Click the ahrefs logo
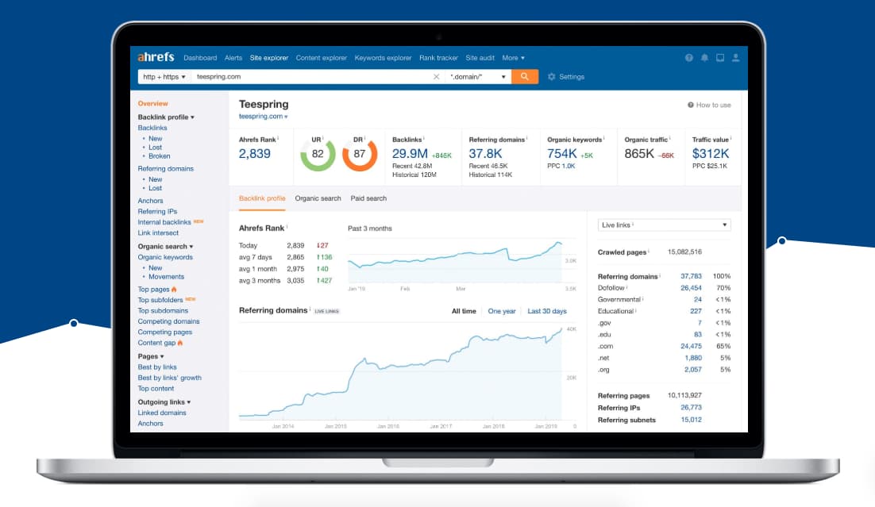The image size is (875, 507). point(156,57)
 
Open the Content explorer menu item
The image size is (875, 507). point(321,58)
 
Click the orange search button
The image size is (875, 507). point(525,77)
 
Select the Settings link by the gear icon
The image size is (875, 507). point(571,77)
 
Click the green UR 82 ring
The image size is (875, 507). point(318,155)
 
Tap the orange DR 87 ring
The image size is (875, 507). point(360,155)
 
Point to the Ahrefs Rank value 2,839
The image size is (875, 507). point(255,154)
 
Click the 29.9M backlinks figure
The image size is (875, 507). point(410,154)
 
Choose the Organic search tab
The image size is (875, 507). point(318,198)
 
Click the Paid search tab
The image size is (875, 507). point(368,198)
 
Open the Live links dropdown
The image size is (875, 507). point(664,225)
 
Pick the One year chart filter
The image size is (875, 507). point(502,311)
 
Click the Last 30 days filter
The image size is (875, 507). point(547,311)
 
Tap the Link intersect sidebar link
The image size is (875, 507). point(158,233)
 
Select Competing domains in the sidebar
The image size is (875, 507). point(168,321)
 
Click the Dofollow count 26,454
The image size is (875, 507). point(691,288)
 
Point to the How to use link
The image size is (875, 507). point(713,105)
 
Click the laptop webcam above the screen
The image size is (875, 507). point(438,36)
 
